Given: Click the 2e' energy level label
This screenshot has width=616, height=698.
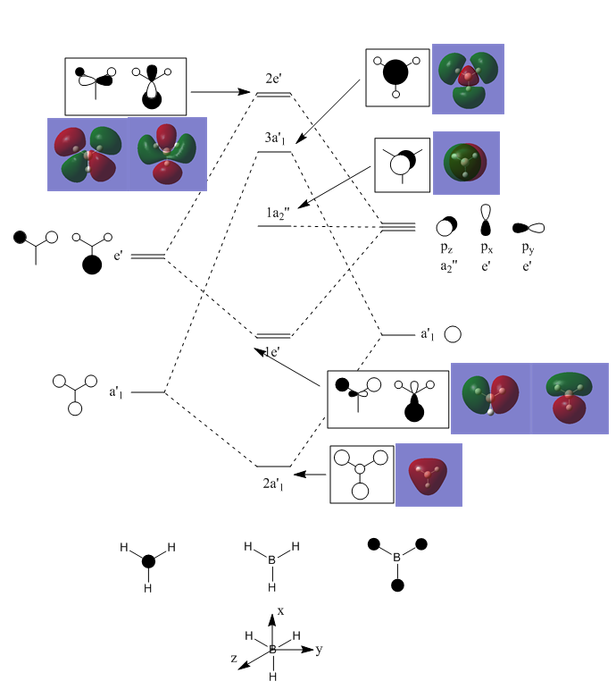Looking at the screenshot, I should click(x=273, y=79).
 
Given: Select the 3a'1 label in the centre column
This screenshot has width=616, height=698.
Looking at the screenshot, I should click(x=273, y=139).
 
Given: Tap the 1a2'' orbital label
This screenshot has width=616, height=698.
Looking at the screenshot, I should click(x=278, y=213).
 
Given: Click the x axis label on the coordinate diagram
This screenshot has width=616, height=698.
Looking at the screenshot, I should click(x=280, y=610).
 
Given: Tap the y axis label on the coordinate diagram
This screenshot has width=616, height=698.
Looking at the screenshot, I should click(x=319, y=650).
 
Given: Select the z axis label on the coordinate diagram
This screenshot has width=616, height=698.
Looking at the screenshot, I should click(x=234, y=659).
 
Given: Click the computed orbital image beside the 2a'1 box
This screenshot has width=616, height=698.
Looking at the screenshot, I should click(x=429, y=475).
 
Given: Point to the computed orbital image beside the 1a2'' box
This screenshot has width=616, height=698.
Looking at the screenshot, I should click(x=466, y=164).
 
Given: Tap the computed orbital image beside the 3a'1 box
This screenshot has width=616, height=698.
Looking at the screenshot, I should click(x=468, y=79).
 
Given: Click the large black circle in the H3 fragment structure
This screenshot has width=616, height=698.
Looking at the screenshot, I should click(x=148, y=561).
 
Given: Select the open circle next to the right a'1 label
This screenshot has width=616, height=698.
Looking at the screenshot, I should click(x=453, y=335).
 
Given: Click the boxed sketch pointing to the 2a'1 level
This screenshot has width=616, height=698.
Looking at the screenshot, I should click(x=362, y=475).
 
